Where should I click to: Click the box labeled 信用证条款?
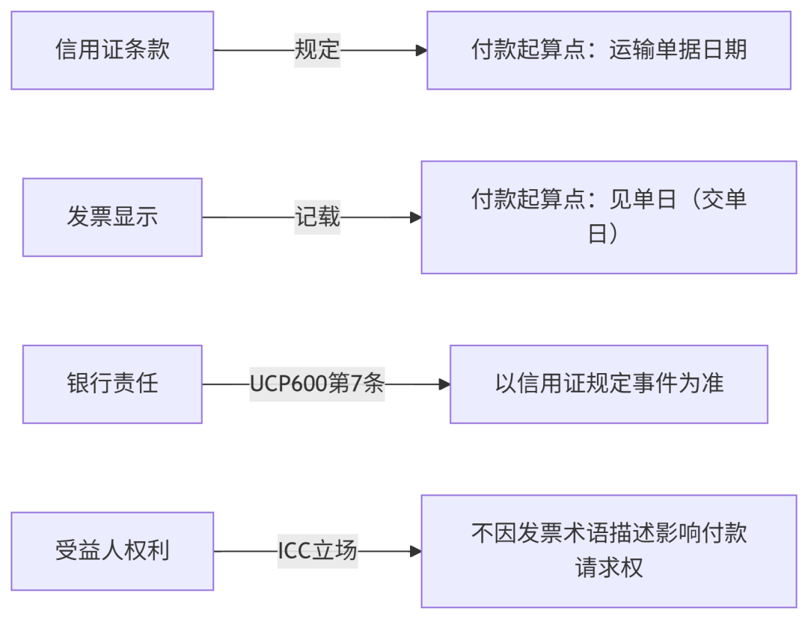112,50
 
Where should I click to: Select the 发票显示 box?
112,218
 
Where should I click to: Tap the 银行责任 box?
112,384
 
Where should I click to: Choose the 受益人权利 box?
112,551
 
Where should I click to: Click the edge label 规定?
317,50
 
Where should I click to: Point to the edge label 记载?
317,218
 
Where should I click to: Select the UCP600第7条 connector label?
316,384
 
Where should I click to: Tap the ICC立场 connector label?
317,552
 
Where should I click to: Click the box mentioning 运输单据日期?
608,50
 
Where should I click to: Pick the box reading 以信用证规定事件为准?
608,384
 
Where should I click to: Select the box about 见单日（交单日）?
608,217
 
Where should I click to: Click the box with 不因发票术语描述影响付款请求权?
608,551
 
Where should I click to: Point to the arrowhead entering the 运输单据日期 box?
421,50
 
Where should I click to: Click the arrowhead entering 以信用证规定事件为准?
444,384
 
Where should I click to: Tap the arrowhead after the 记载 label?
416,218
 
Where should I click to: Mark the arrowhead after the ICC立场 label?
416,552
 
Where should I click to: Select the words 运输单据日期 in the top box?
678,50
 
